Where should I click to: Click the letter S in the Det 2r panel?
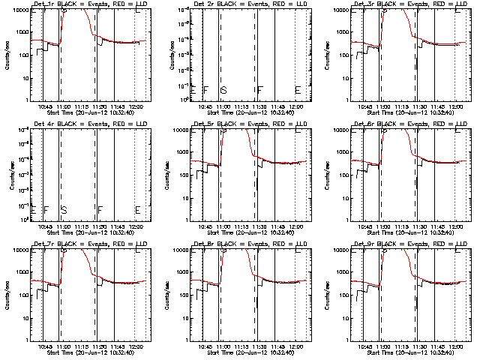tap(223, 90)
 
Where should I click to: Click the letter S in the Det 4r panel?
tap(64, 209)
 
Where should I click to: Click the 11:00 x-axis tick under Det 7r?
tap(63, 346)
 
